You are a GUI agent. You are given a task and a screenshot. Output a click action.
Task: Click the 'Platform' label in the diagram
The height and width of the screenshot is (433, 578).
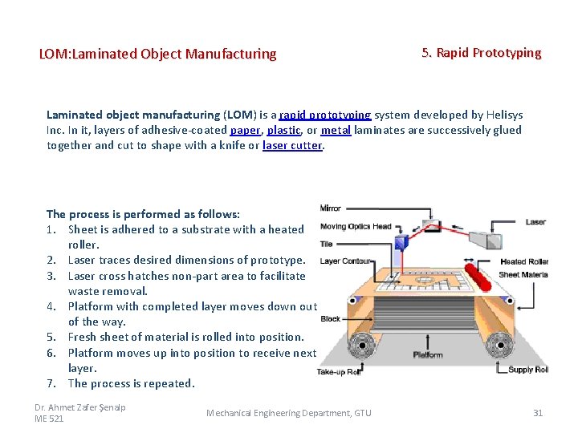tap(428, 354)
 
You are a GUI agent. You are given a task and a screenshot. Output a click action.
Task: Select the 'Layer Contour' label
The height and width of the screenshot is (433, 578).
tap(346, 261)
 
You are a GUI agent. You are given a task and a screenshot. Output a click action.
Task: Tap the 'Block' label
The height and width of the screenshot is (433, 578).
tap(331, 319)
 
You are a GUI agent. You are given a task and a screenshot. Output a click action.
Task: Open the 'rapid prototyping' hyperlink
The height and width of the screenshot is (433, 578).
tap(325, 115)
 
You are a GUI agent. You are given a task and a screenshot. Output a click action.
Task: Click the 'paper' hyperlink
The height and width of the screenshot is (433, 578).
tap(245, 130)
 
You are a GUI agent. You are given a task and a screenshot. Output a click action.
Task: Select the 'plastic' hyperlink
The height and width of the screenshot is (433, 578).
tap(283, 130)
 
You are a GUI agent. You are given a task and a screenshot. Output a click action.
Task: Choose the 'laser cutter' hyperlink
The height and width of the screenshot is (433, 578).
tap(292, 145)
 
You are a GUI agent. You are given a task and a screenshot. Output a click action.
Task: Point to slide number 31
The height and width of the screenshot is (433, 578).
tap(538, 413)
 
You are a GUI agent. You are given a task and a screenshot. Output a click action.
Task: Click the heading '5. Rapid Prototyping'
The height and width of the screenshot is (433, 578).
tap(482, 53)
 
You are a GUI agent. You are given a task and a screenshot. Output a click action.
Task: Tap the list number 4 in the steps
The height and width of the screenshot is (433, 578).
tap(51, 306)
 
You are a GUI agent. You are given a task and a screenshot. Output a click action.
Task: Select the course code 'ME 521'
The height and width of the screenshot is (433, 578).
tap(49, 419)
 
